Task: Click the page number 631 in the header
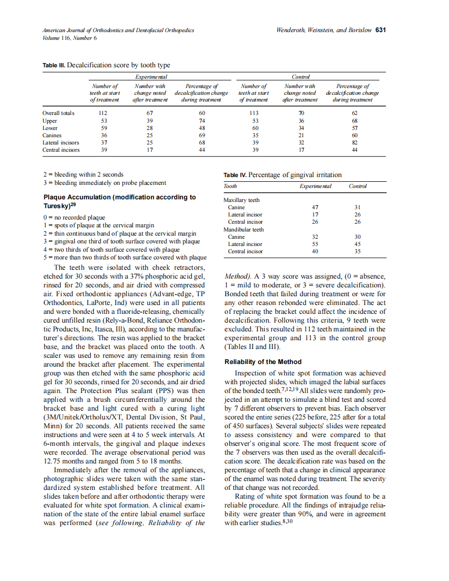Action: [381, 30]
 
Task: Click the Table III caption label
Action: [54, 65]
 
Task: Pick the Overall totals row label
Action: [59, 113]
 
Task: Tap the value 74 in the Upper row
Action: [202, 121]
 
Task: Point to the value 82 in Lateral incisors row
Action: [355, 142]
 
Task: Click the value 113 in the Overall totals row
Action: [253, 113]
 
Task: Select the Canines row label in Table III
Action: [52, 135]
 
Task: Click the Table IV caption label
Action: [235, 175]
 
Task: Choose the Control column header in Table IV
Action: [358, 186]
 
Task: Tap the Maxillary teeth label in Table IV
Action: [241, 200]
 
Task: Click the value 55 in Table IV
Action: [315, 244]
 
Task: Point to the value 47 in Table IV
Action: [315, 207]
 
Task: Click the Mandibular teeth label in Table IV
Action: [243, 229]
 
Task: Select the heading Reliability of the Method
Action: [263, 361]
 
